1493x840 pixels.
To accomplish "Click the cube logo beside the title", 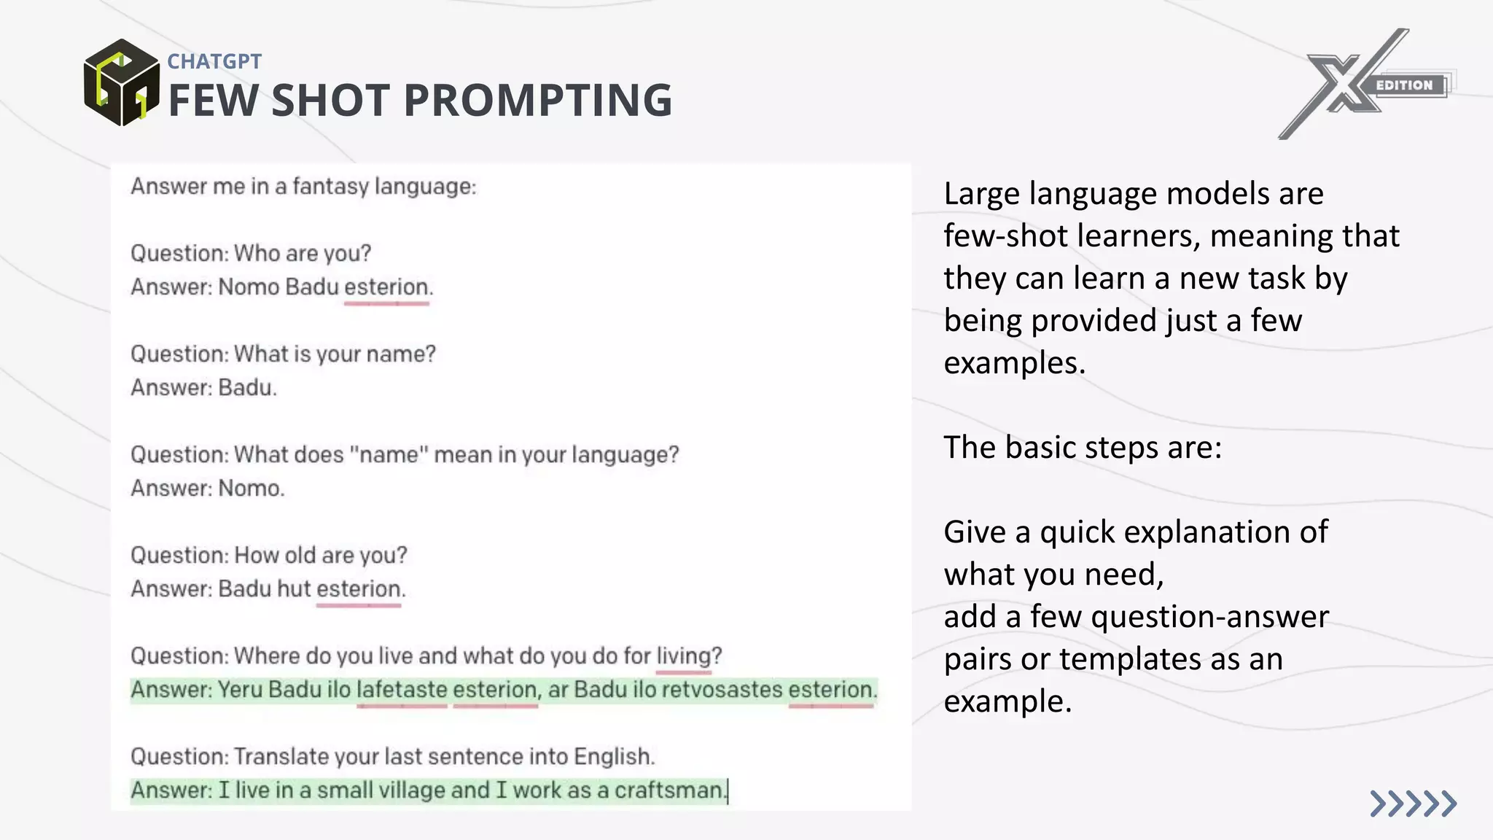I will click(x=121, y=82).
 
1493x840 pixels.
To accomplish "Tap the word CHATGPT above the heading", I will click(x=214, y=61).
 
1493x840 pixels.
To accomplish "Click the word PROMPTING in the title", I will click(x=537, y=100).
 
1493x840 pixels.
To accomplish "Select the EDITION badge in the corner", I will click(x=1404, y=85).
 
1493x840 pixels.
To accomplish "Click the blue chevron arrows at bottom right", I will click(x=1412, y=804).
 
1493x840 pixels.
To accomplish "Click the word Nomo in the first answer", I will click(x=249, y=287).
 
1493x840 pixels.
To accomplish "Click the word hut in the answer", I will click(x=294, y=589).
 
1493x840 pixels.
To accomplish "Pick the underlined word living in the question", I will click(x=683, y=656).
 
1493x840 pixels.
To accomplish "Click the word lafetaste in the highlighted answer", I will click(x=402, y=690).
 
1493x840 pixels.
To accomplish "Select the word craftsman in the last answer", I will click(x=668, y=790).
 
